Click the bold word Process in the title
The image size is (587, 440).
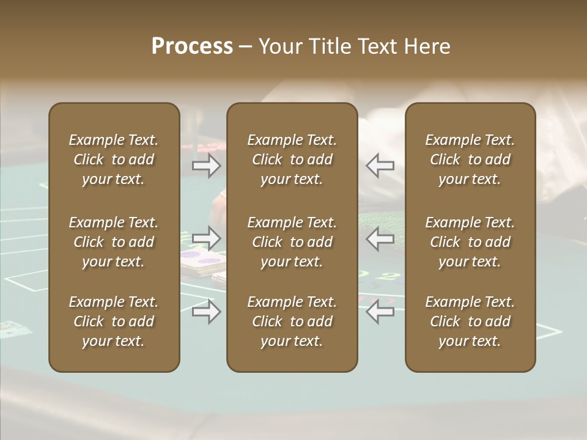[192, 46]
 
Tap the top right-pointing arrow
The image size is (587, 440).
[206, 165]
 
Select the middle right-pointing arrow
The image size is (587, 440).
[206, 237]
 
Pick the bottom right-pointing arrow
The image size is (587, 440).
[206, 312]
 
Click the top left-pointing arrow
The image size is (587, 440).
[380, 165]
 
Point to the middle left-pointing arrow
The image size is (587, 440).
[380, 238]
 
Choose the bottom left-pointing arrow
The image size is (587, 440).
[380, 312]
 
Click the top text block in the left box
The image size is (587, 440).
[114, 159]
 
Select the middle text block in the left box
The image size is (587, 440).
[114, 242]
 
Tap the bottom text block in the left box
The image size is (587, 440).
[114, 321]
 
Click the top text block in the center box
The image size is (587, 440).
[292, 159]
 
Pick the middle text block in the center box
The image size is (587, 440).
[292, 242]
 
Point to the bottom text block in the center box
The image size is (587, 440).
[292, 321]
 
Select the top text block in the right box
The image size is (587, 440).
[470, 159]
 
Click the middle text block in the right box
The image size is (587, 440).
[470, 242]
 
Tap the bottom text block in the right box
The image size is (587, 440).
[470, 321]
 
